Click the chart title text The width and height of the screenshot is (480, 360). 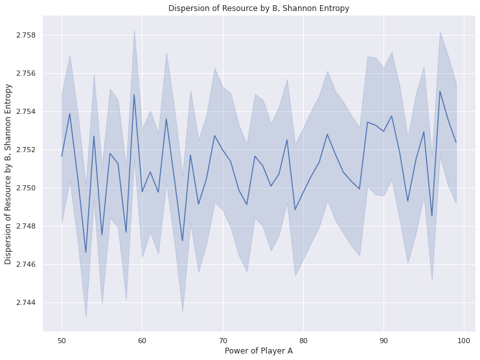point(258,8)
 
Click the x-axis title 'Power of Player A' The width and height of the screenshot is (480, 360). point(258,351)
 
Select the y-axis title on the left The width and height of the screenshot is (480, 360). point(8,174)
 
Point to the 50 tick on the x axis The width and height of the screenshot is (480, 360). point(62,340)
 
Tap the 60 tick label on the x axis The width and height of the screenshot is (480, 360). point(143,340)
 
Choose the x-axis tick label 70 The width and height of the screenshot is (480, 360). point(223,340)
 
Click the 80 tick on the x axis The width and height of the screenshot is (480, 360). point(303,340)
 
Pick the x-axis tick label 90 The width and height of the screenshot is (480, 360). point(383,340)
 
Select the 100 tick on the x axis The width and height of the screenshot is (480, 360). point(464,340)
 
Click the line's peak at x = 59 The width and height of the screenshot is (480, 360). point(134,95)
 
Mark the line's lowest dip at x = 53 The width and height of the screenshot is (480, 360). point(86,253)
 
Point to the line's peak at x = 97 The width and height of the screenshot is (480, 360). point(440,91)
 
